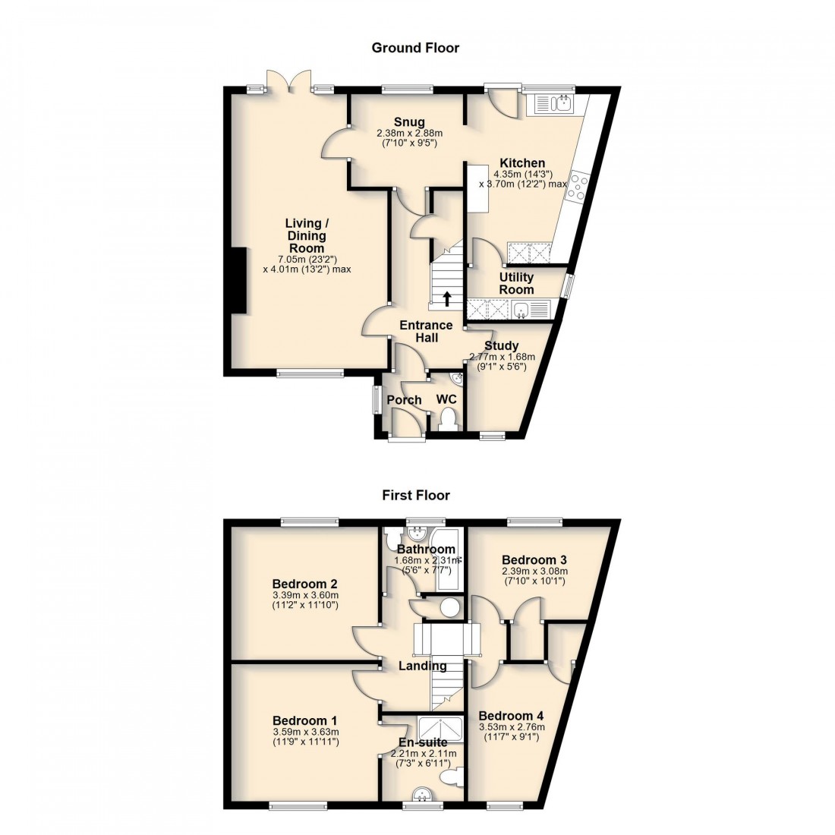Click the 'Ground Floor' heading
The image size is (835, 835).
tap(415, 48)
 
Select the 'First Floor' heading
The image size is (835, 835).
tap(416, 495)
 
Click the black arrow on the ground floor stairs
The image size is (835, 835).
tap(447, 298)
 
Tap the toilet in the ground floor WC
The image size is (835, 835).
tap(449, 420)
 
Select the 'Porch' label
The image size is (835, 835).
tap(404, 400)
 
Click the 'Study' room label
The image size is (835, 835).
tap(501, 345)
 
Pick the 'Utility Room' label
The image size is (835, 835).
tap(516, 283)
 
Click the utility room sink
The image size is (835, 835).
tap(522, 308)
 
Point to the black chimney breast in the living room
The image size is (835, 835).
tap(239, 280)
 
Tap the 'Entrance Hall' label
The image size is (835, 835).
tap(427, 332)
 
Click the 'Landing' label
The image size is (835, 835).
tap(423, 666)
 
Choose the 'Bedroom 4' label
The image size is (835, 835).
tap(511, 716)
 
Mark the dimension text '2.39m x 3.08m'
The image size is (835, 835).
tap(534, 572)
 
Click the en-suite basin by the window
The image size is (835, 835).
tap(423, 795)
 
